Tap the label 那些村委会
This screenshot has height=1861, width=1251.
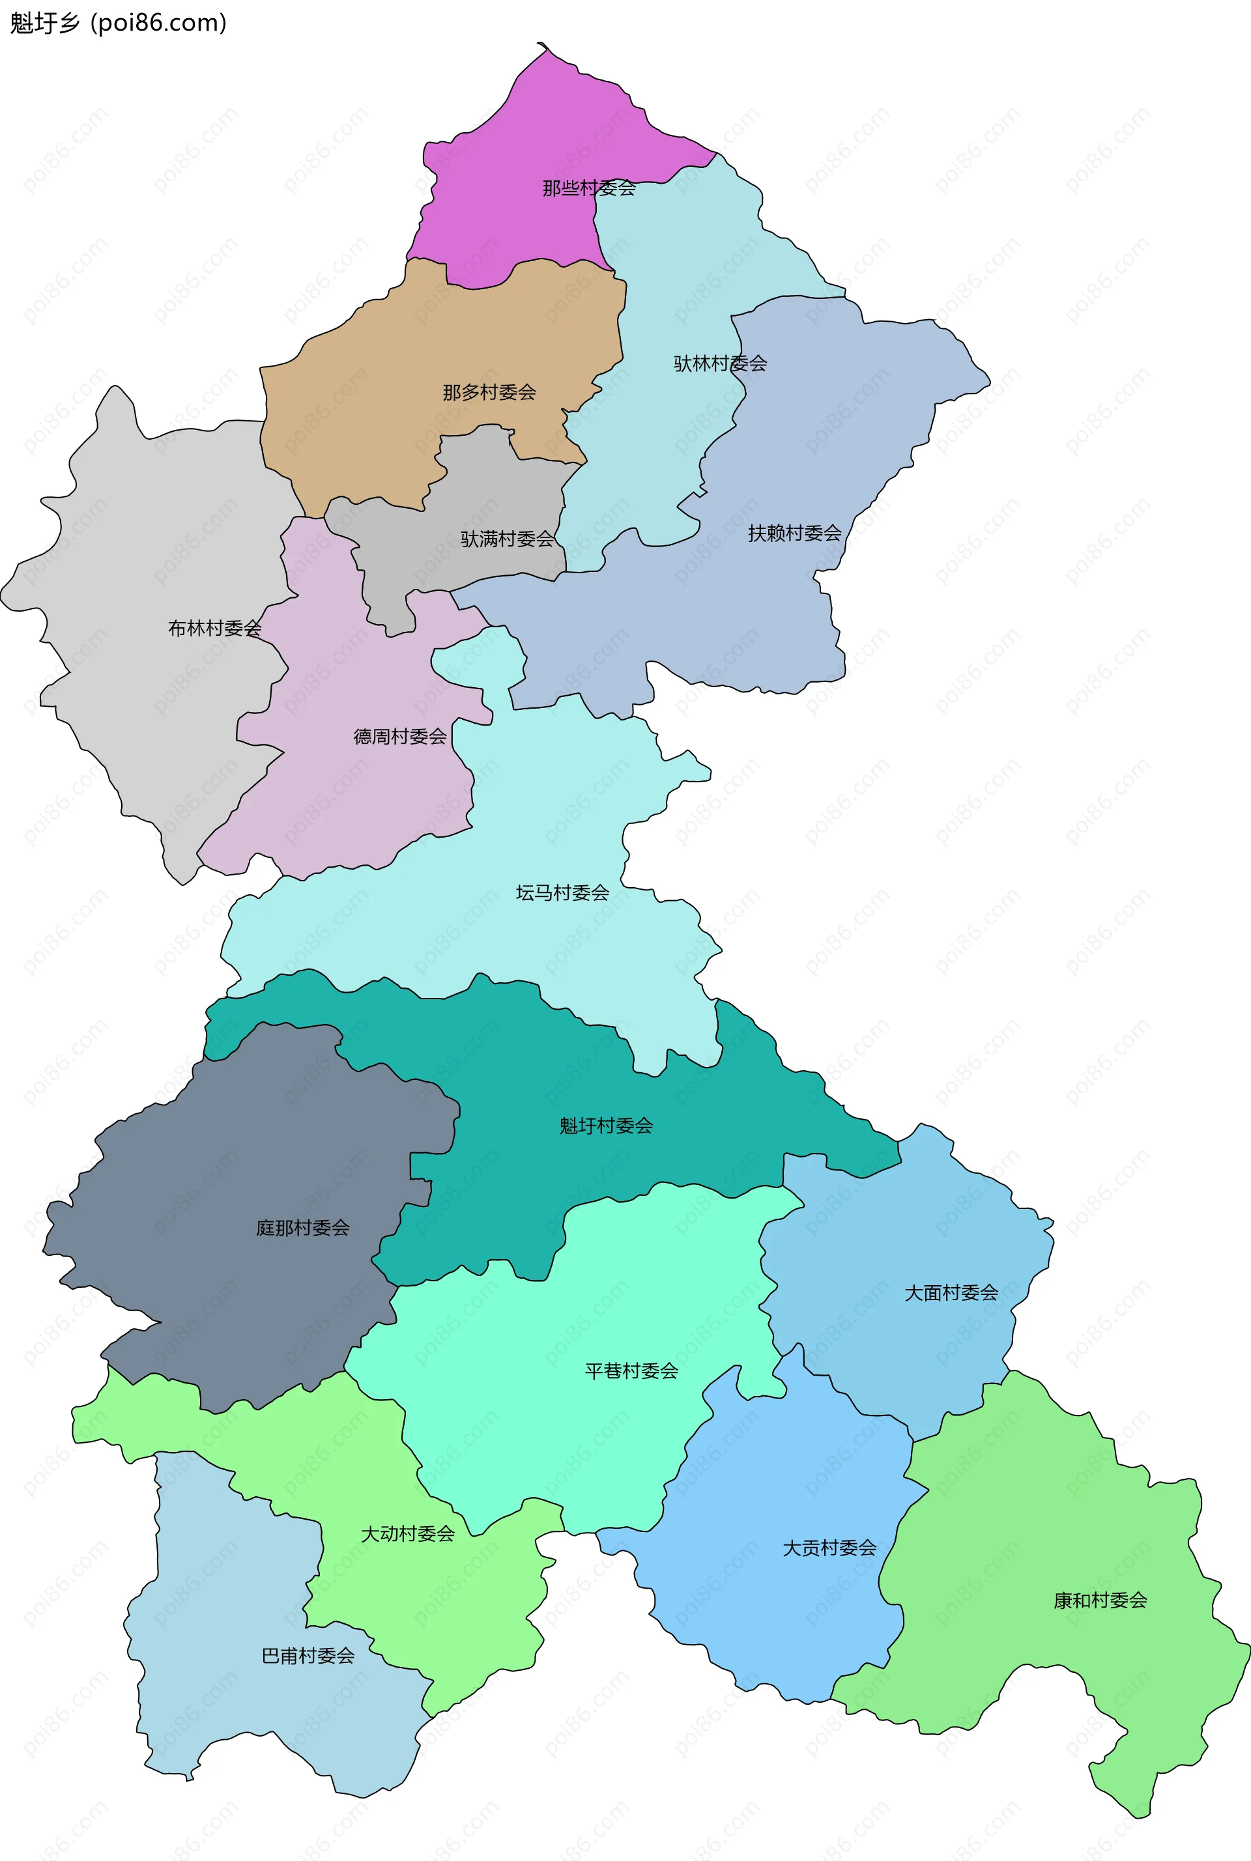pos(589,188)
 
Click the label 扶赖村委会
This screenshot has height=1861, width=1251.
pos(795,533)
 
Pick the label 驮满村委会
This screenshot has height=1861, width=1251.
pos(508,539)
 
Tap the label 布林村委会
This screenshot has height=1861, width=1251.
pos(214,629)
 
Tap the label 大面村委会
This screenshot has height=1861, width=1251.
pos(951,1293)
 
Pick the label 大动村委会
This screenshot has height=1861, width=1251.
pos(408,1534)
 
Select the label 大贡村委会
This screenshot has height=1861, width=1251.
pos(829,1548)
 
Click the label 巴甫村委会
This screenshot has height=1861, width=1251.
pos(308,1656)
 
